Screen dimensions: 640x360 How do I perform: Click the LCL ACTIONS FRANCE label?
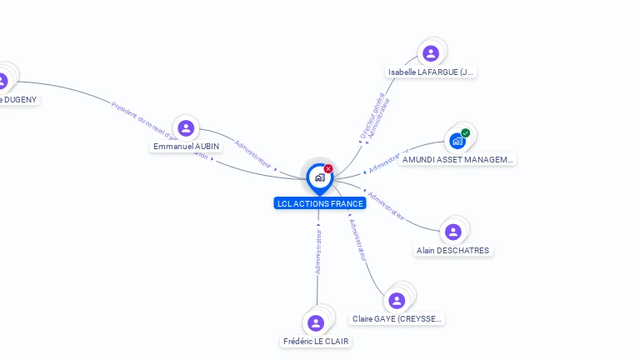(320, 203)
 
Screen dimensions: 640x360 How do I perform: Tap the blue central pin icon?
(319, 177)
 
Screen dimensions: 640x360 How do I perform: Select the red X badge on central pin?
(328, 168)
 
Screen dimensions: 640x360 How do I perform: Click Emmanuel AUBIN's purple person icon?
(186, 128)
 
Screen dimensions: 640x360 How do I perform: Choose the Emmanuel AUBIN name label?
(187, 147)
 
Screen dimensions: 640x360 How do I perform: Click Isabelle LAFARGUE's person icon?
(431, 54)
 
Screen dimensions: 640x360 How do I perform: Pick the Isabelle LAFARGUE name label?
(431, 72)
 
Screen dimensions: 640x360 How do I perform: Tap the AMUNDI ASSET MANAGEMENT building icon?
(457, 141)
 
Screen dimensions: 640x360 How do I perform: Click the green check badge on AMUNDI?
(466, 132)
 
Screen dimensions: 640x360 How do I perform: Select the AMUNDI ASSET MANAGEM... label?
(457, 159)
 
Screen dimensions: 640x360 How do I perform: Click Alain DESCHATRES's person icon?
(453, 232)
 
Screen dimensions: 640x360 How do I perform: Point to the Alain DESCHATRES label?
(453, 250)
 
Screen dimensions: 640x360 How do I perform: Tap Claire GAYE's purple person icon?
(397, 300)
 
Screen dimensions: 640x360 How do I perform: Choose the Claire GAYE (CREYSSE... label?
(397, 318)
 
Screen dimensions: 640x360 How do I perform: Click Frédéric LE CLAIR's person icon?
(316, 323)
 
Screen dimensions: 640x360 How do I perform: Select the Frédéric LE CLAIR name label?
(316, 341)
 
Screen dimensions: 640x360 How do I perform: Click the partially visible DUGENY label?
(18, 99)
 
